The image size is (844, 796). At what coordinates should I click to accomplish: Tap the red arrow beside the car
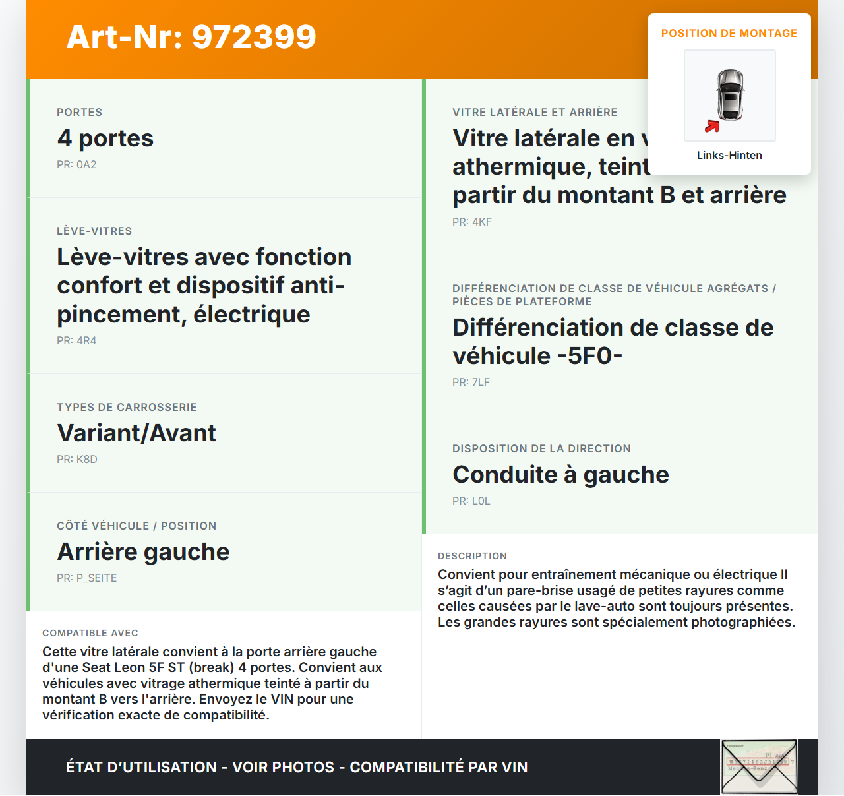712,126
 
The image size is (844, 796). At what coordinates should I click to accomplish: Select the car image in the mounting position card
730,95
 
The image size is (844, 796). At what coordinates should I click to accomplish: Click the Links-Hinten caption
729,155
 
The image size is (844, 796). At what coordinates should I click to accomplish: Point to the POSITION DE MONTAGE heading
729,33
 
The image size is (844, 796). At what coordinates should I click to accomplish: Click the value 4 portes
105,138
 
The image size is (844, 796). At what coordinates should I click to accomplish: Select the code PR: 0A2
76,164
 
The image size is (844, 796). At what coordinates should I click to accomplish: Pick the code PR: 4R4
76,340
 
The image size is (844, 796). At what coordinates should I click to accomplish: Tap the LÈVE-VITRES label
94,231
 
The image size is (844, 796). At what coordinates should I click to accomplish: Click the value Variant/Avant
136,433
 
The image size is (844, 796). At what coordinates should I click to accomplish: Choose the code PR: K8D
77,459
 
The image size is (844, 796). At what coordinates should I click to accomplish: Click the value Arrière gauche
143,551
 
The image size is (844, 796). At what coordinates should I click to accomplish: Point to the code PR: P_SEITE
86,578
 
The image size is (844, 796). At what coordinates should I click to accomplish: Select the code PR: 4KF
472,222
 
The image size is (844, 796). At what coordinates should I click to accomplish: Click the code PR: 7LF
471,382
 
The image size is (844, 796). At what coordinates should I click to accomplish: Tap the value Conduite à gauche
560,474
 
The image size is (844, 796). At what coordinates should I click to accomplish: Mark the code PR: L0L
471,501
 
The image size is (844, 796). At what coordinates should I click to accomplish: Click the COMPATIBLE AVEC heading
90,633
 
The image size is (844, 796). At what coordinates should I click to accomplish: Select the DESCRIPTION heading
472,556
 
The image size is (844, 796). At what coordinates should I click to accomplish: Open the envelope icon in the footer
759,767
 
